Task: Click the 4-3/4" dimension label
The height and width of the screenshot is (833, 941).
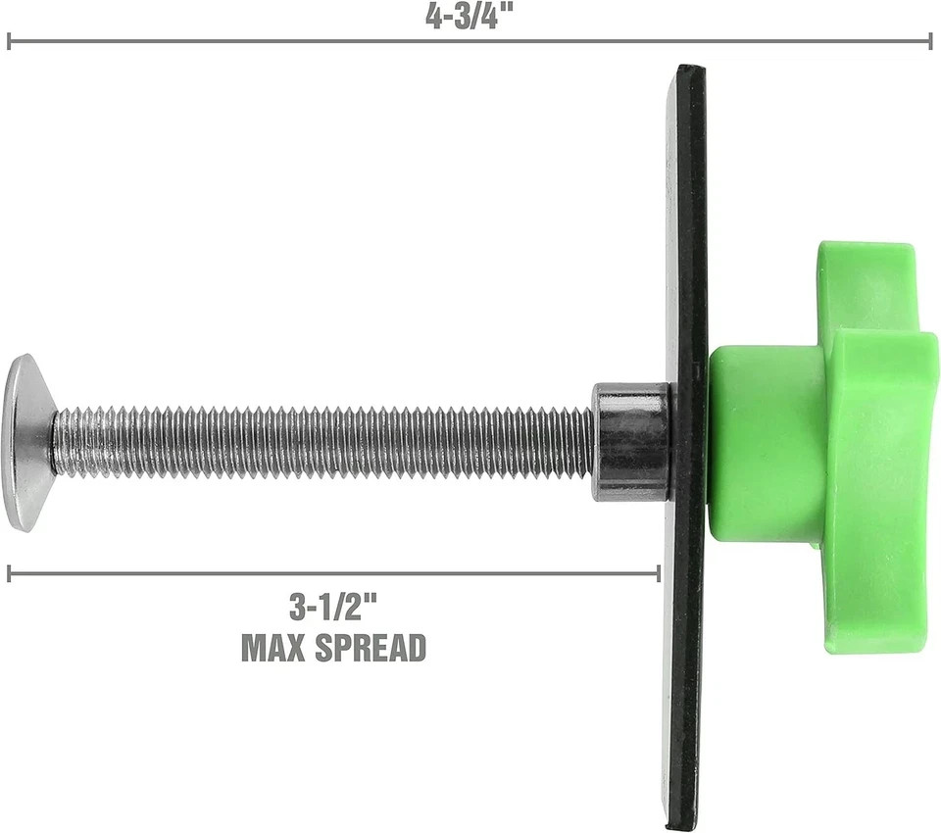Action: point(470,17)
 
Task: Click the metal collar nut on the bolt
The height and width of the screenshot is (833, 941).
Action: point(631,442)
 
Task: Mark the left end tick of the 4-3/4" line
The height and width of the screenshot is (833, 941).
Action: point(9,41)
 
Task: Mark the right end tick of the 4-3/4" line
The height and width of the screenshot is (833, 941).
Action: point(930,41)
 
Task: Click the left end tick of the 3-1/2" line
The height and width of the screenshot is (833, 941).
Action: point(9,573)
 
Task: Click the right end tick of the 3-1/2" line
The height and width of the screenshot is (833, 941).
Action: point(658,573)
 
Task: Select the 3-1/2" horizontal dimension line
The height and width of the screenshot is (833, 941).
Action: point(333,573)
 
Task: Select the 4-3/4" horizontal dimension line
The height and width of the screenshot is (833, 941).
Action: point(470,41)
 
